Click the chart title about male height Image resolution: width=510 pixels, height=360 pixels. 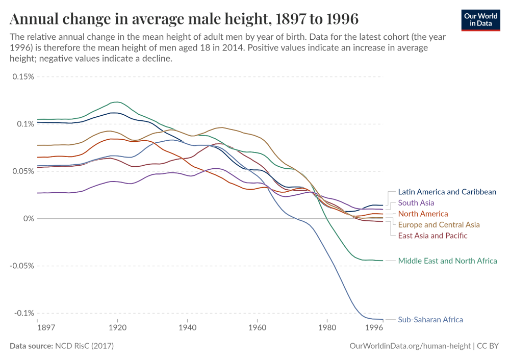[x=184, y=19]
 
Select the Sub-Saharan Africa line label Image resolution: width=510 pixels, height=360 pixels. [x=430, y=320]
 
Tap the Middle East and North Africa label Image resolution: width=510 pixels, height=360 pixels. [x=447, y=261]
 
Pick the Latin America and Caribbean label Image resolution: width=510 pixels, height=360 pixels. [x=447, y=192]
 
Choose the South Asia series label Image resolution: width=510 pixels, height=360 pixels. [x=416, y=203]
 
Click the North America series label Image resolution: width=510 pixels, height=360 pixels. [x=423, y=214]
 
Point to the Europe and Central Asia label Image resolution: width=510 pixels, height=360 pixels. [x=439, y=224]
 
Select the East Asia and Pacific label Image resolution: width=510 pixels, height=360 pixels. [x=432, y=236]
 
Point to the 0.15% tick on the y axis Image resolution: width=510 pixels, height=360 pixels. [x=23, y=76]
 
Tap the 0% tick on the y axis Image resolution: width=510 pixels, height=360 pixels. [x=29, y=219]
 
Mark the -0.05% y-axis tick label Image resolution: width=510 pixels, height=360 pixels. [x=21, y=266]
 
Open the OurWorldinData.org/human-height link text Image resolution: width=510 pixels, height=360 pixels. [x=410, y=346]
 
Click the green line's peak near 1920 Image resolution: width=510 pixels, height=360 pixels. [x=117, y=102]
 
